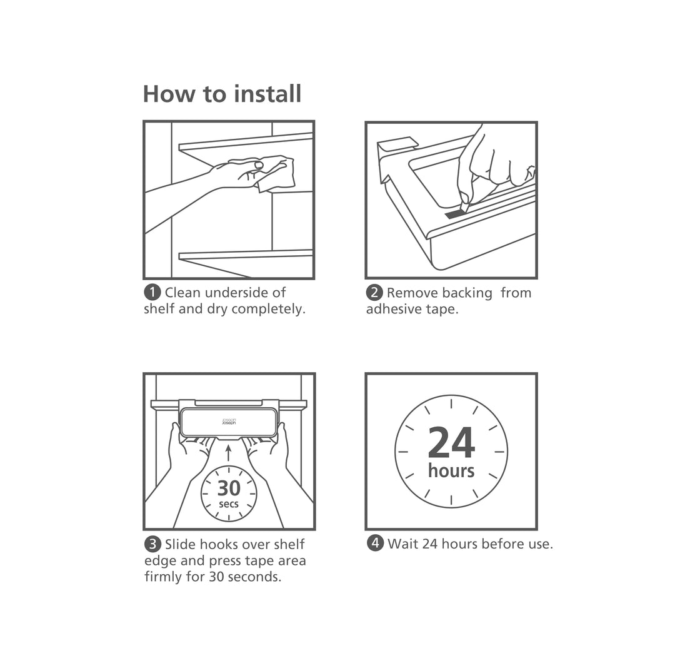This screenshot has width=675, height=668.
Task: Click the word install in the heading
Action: (x=267, y=94)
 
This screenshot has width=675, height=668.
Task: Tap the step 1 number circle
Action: (x=152, y=292)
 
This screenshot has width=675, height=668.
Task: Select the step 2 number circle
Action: (x=374, y=292)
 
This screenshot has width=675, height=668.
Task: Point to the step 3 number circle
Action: (x=152, y=544)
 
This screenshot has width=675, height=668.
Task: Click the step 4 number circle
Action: (x=375, y=543)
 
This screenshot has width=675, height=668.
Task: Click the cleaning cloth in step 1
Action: (x=277, y=172)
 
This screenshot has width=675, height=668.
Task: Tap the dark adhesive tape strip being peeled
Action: (x=455, y=214)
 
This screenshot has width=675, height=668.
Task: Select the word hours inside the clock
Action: (x=451, y=470)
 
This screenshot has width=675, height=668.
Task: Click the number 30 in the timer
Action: (x=229, y=487)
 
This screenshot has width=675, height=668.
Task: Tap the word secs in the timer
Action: (x=229, y=504)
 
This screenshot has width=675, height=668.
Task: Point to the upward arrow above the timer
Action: (x=229, y=452)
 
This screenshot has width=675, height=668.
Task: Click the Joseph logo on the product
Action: (x=229, y=422)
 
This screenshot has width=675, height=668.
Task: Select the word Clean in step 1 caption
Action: (x=182, y=292)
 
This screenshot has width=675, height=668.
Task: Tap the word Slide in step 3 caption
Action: (x=181, y=544)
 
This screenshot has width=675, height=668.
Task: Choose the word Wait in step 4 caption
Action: (x=403, y=544)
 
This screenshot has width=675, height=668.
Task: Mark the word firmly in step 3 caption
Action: (x=164, y=577)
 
